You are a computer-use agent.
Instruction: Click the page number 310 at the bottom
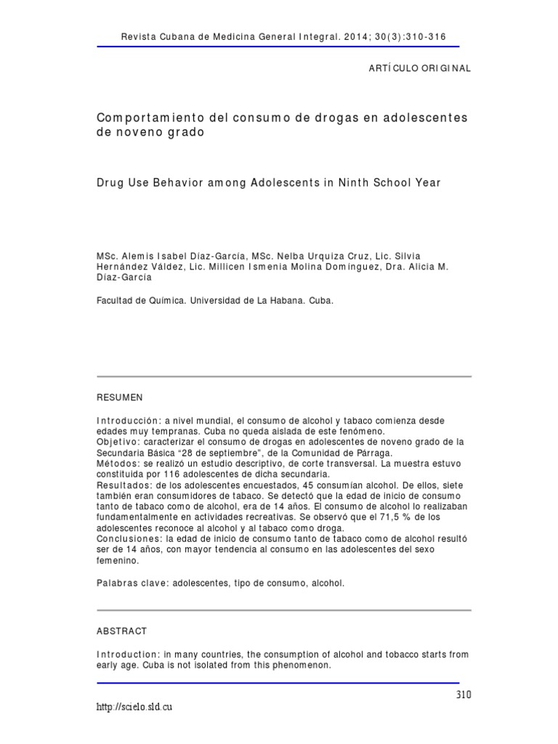point(464,695)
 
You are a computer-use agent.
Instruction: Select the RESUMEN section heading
point(120,397)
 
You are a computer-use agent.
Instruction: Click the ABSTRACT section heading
point(122,631)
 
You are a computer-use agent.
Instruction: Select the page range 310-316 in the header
point(426,38)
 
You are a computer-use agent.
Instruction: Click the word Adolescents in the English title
point(286,182)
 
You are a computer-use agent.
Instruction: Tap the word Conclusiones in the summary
point(126,538)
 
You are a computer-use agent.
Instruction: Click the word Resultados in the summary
point(122,485)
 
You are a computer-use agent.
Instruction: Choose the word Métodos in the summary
point(117,463)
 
